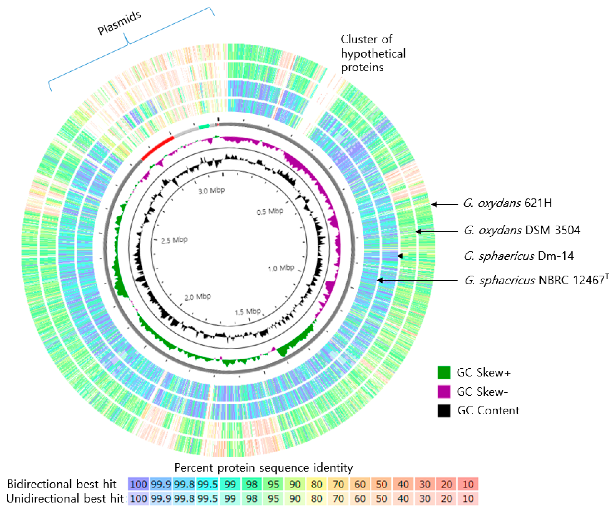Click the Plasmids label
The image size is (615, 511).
coord(120,23)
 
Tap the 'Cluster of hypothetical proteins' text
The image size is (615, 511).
coord(373,53)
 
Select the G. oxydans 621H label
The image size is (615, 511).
coord(507,203)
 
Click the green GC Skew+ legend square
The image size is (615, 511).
coord(444,372)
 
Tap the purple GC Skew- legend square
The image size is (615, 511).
coord(444,391)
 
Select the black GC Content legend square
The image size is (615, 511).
coord(444,410)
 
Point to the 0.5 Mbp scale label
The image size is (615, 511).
coord(270,212)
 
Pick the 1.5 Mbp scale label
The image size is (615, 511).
coord(248,312)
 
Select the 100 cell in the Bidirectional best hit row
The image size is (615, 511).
coord(139,484)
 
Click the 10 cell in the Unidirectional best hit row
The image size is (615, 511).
coord(468,498)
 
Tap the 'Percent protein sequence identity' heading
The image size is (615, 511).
coord(264,468)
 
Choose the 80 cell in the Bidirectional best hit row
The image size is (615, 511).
coord(317,484)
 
